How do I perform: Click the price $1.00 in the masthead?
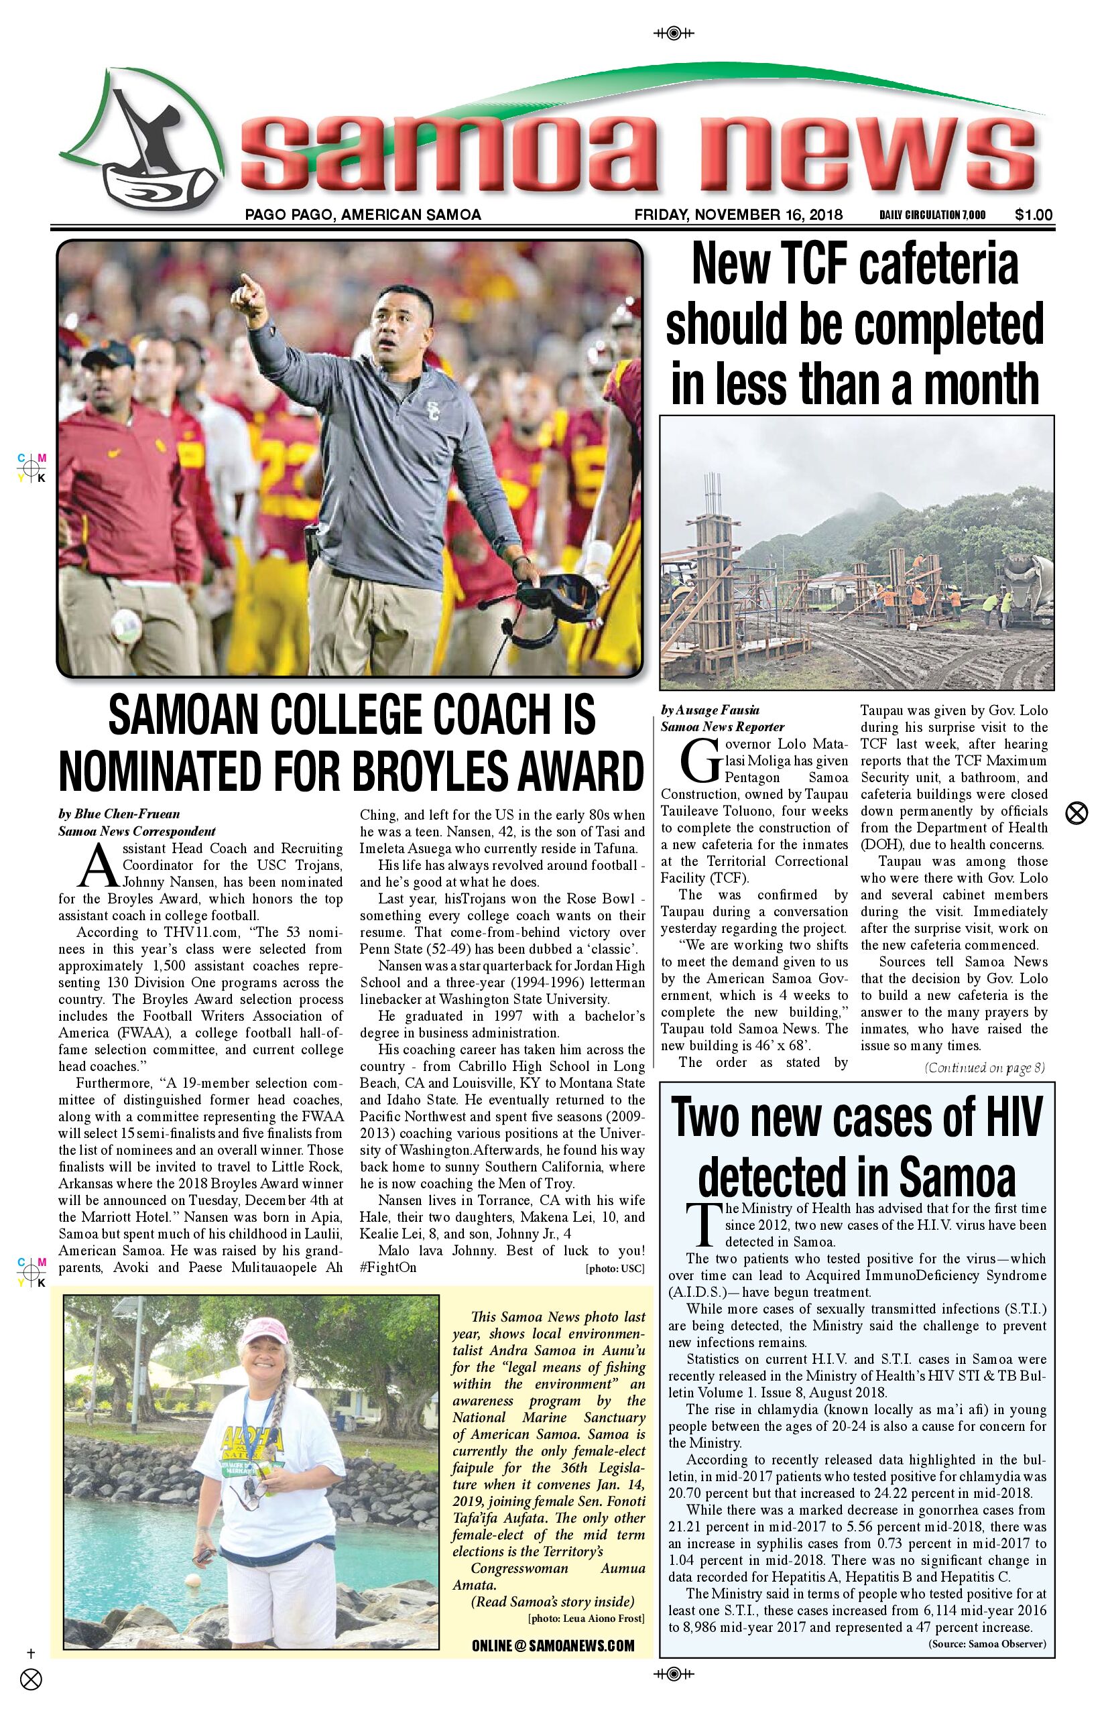1034,214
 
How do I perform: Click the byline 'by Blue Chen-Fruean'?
119,814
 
